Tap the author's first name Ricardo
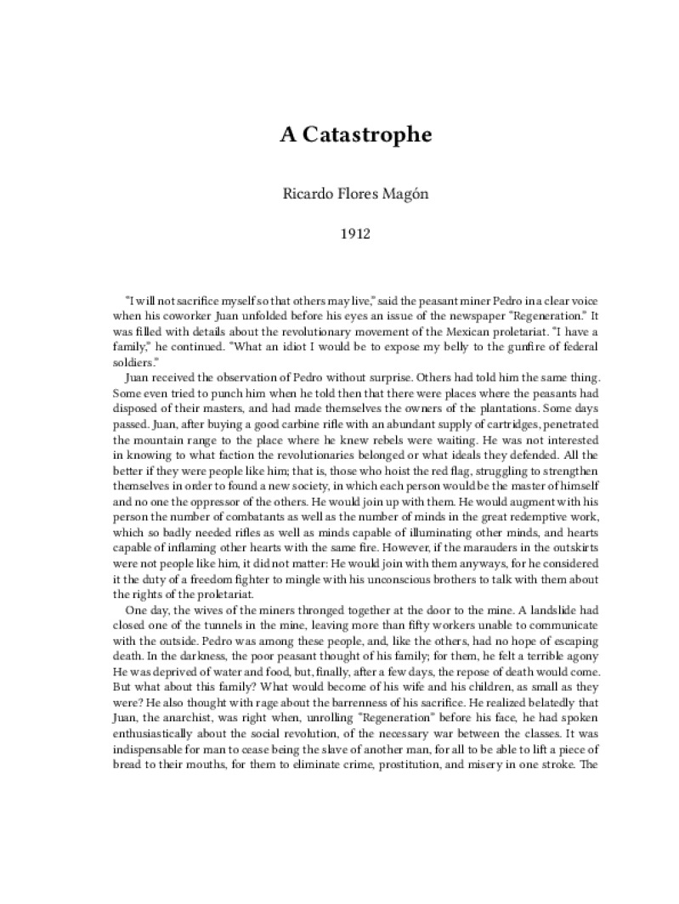click(x=308, y=194)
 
